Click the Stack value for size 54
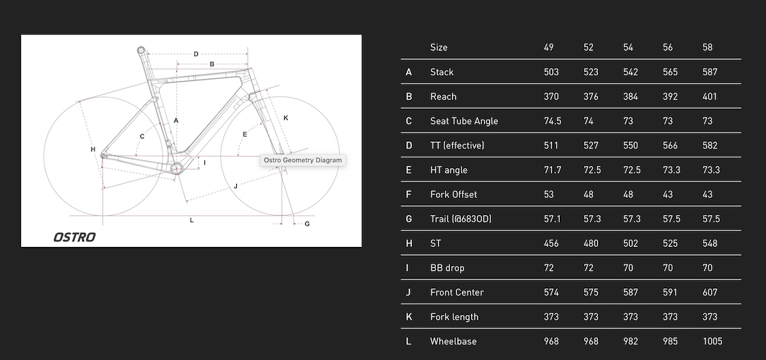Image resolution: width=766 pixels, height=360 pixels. [x=630, y=72]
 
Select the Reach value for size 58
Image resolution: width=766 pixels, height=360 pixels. [x=710, y=97]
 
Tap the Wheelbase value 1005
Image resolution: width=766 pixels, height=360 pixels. [x=712, y=341]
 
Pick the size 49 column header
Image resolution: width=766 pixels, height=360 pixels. [x=548, y=47]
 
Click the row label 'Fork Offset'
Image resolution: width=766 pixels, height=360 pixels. [x=453, y=195]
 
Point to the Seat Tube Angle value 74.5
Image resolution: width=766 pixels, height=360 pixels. [x=552, y=121]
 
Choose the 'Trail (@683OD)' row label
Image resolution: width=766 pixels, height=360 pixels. [x=461, y=219]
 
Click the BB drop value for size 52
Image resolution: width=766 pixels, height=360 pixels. [x=588, y=267]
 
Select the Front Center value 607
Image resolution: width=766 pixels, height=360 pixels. [x=710, y=292]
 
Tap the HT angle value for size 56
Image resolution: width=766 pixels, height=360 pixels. [x=672, y=170]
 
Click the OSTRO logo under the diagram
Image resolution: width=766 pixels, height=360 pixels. [x=75, y=237]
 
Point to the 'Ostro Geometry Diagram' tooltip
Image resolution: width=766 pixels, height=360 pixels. [x=303, y=160]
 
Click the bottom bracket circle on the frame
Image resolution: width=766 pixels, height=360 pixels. [x=177, y=169]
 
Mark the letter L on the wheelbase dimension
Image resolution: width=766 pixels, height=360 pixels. [x=191, y=220]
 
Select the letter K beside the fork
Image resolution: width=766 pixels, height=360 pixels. [x=286, y=118]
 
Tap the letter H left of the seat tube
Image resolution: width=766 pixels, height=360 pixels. [x=93, y=149]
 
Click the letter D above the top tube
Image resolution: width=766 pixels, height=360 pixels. [x=196, y=54]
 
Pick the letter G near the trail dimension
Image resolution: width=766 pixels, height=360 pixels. [x=307, y=224]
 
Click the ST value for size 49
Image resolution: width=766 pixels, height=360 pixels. [x=551, y=243]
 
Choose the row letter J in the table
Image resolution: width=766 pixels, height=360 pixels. [x=408, y=292]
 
